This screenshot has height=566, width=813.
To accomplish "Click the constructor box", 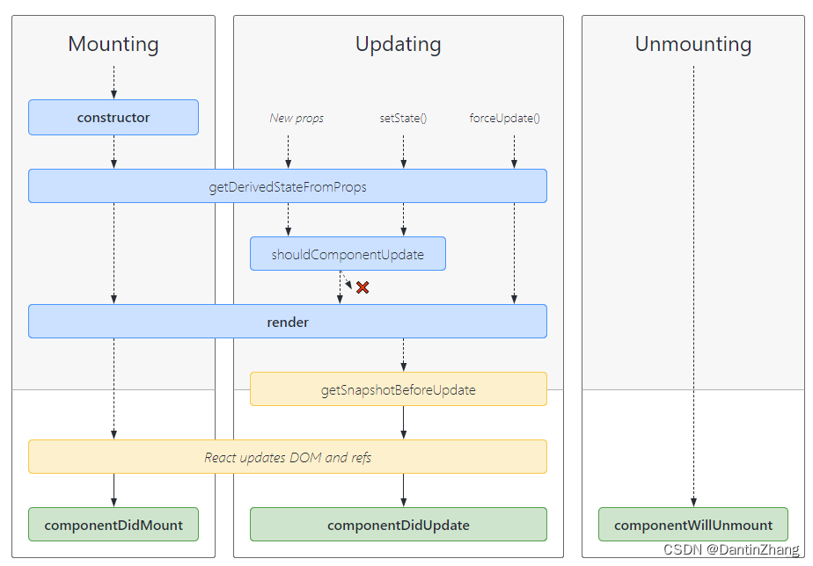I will pos(114,117).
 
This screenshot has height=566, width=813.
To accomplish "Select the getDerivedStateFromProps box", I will pos(288,186).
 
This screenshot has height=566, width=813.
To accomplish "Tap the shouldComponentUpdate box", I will pos(348,254).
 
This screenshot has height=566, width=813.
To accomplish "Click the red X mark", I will pos(363,287).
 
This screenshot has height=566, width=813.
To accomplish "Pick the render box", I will pos(288,322).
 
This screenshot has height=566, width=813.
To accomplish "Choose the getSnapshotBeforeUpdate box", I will pos(398,389).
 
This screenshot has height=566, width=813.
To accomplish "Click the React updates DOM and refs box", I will pos(288,457).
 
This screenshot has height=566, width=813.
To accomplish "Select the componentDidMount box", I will pos(114,525).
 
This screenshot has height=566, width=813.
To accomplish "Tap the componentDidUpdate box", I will pos(398,525).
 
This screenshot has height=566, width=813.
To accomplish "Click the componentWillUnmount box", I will pos(693,525).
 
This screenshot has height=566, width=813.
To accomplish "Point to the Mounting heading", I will pos(114,44).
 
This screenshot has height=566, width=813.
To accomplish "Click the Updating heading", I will pos(398,44).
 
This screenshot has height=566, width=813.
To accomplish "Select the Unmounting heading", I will pos(693,44).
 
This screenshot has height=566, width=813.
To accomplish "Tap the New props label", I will pos(297,118).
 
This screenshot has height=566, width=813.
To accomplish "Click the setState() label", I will pos(403,118).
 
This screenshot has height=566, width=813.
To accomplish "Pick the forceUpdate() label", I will pos(504,118).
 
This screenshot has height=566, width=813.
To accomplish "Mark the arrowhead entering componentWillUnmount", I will pos(693,503).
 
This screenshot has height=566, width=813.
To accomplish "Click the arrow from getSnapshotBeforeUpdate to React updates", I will pos(403,423).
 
